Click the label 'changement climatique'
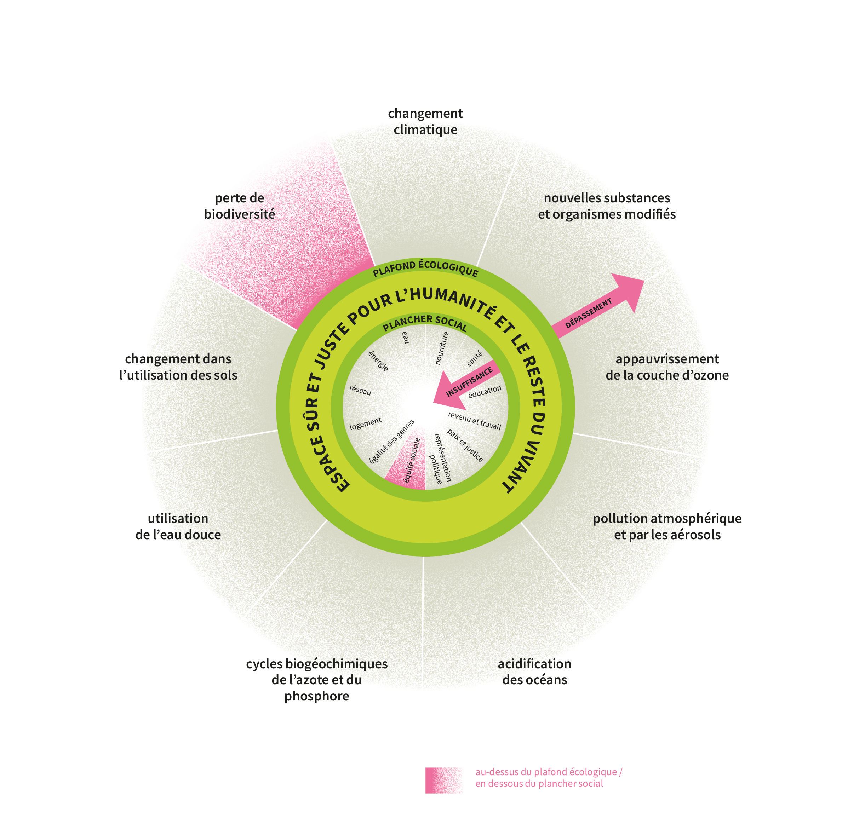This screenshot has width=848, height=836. point(425,122)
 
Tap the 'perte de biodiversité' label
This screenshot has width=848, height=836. point(240,206)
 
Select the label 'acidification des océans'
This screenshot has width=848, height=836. point(534,671)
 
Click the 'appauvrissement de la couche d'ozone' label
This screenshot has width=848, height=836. point(667,367)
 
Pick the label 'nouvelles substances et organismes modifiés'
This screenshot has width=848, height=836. point(607,206)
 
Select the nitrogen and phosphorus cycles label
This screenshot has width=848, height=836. point(316,679)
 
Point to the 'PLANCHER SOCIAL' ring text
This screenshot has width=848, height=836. point(424,323)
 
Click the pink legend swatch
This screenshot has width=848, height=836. point(443,780)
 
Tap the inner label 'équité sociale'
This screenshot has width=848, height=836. point(412,460)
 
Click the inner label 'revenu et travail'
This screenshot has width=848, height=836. point(475,420)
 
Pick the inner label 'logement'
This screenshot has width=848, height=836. point(365,423)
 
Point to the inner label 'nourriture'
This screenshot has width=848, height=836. point(442,347)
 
